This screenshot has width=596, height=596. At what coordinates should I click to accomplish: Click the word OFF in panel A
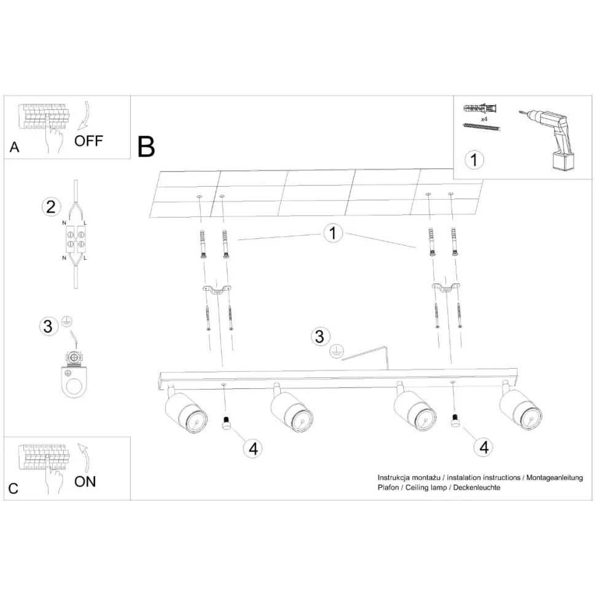click(88, 141)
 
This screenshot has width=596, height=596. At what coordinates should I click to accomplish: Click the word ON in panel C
click(85, 482)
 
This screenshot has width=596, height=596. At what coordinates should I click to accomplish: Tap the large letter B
click(146, 147)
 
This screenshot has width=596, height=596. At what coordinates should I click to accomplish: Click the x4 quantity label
click(484, 119)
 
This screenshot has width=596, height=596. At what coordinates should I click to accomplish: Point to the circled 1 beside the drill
click(474, 160)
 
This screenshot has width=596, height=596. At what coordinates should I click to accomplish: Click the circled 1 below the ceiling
click(333, 233)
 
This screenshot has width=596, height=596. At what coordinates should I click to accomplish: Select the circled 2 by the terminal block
click(51, 207)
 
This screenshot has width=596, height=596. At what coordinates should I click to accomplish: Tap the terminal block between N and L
click(75, 240)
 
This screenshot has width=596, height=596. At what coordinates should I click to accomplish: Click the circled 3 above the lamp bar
click(320, 336)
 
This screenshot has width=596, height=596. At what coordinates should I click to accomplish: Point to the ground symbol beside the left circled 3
click(67, 321)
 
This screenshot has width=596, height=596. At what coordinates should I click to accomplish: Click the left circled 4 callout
click(253, 448)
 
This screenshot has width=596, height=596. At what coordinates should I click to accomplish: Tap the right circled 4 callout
click(484, 447)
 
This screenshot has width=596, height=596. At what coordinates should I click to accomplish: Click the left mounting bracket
click(217, 289)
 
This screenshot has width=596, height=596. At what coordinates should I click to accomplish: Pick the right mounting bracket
click(446, 288)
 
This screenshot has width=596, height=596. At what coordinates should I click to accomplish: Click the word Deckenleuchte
click(477, 487)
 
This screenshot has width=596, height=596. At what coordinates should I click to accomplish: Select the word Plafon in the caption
click(388, 487)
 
